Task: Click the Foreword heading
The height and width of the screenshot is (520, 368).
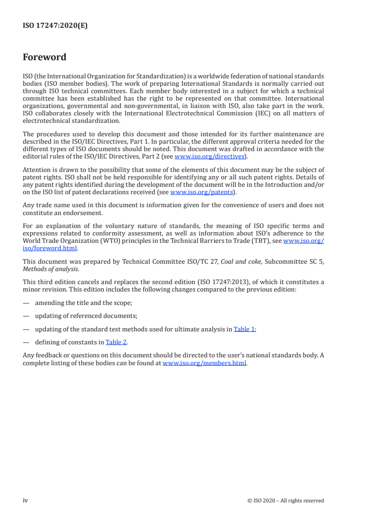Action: (45, 57)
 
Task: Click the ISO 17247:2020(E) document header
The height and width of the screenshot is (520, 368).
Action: (55, 26)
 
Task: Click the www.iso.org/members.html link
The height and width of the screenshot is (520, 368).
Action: (204, 363)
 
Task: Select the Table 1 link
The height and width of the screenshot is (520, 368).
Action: (244, 329)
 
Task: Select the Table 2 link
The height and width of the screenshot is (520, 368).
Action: (116, 342)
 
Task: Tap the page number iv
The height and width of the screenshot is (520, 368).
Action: (26, 500)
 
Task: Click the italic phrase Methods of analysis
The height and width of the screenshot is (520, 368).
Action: (51, 269)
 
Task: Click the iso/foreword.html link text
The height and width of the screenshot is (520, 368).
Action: (50, 248)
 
